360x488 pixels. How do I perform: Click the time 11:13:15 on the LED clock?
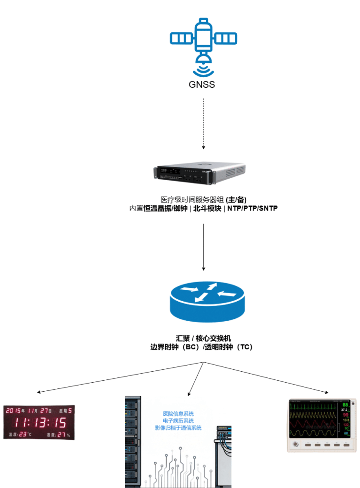pos(40,422)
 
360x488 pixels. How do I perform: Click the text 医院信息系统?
pos(178,414)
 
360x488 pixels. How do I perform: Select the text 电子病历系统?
pos(178,421)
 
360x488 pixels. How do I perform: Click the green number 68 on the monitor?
pos(345,405)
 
